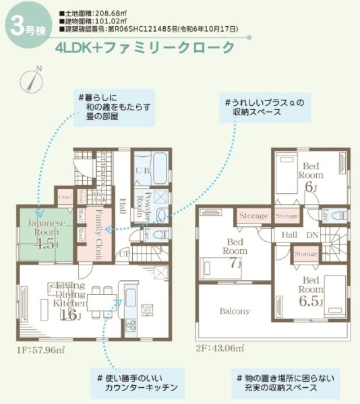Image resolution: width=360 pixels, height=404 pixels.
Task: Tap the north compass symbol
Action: click(x=34, y=79)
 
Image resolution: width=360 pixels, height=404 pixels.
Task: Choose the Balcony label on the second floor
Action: click(x=235, y=311)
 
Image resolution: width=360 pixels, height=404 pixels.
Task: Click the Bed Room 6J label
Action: click(x=311, y=175)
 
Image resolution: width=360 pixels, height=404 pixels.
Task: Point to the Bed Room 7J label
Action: click(x=235, y=251)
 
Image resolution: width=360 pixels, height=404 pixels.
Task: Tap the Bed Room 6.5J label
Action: click(x=311, y=290)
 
